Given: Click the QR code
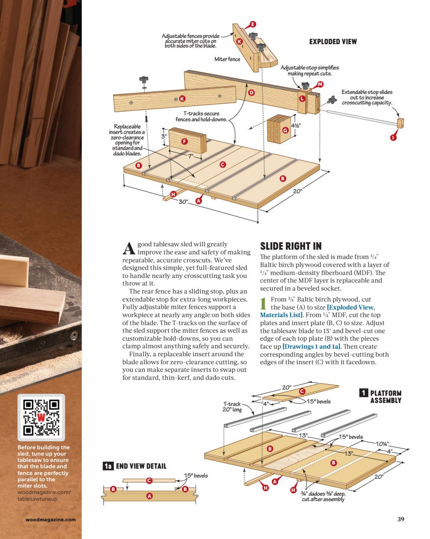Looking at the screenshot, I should (41, 417).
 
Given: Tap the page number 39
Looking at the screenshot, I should (400, 519).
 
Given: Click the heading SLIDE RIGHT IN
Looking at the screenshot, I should (290, 246).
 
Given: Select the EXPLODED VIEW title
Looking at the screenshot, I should (333, 42).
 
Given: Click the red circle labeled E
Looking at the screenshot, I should (253, 24).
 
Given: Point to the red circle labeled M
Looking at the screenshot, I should (320, 84).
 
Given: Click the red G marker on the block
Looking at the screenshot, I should (285, 131).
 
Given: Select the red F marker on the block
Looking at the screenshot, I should (184, 141).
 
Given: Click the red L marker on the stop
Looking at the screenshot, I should (302, 98).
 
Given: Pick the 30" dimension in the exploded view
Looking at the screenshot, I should (183, 202).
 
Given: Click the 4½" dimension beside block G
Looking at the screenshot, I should (302, 125).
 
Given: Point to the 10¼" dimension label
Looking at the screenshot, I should (382, 444).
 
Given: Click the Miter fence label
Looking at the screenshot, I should (227, 59).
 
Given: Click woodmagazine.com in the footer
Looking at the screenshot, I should (51, 519).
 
